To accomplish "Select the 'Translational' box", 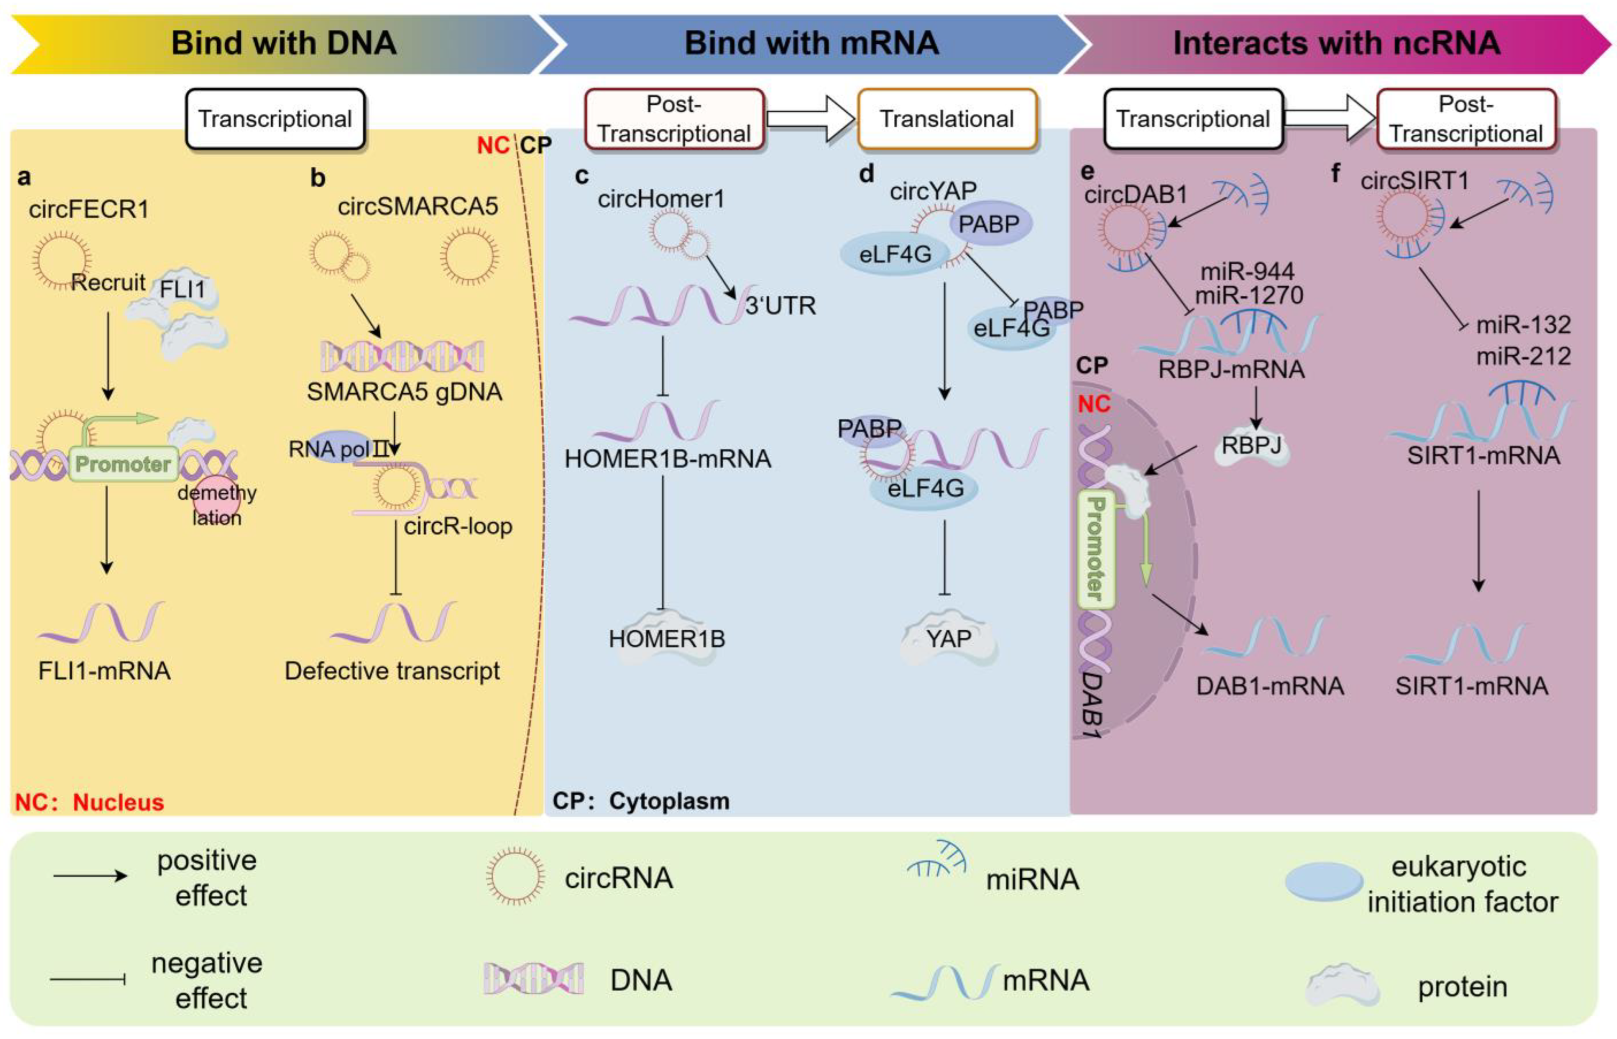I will [946, 119].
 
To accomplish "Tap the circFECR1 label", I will [88, 209].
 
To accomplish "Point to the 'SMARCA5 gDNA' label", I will [404, 392].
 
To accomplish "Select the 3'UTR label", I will [780, 306].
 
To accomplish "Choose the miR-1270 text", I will [1249, 295].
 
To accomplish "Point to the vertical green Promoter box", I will [1096, 549].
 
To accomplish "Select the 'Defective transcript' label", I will [393, 671].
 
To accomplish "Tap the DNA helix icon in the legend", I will [533, 979].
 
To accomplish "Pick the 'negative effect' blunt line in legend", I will [87, 979].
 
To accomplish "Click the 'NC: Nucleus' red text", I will [90, 802].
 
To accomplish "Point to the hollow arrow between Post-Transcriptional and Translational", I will [810, 118].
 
